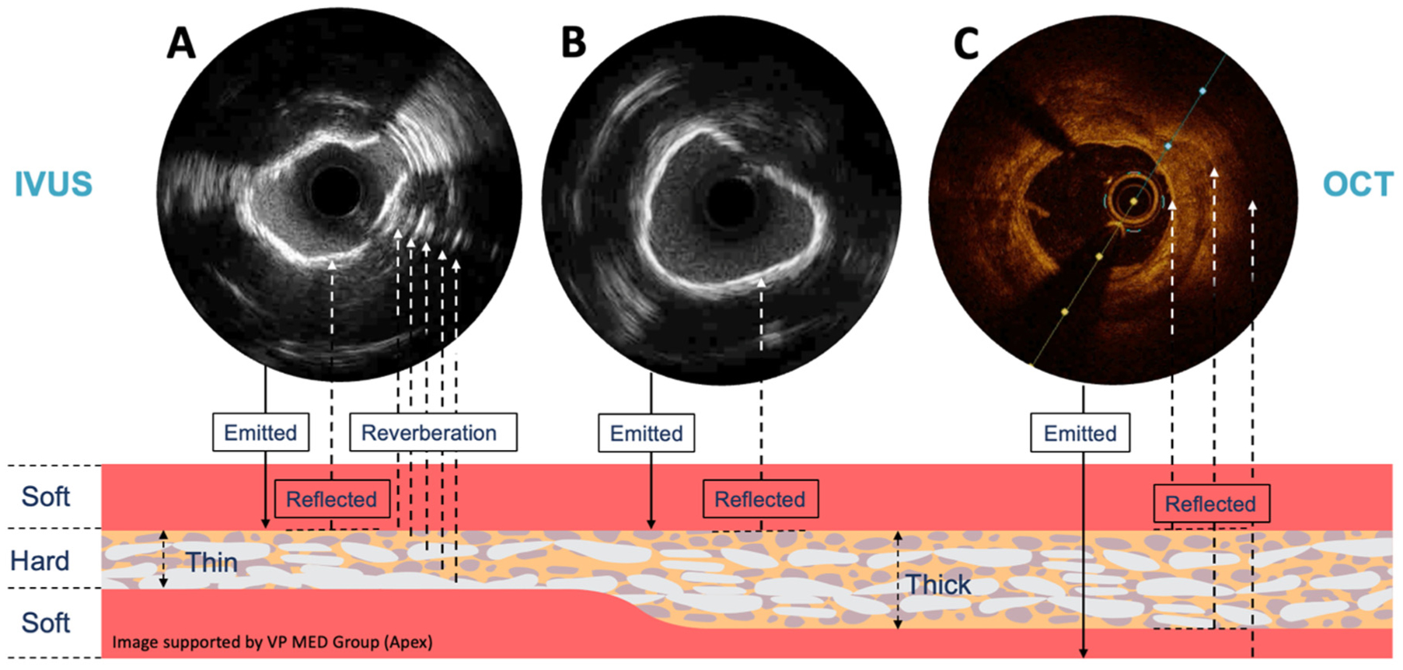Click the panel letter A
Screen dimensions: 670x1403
coord(181,43)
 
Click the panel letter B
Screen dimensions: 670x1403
coord(574,43)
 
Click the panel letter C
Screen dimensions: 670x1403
coord(966,43)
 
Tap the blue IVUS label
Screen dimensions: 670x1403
coord(54,184)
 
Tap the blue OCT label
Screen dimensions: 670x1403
coord(1358,184)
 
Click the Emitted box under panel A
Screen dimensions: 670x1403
coord(260,432)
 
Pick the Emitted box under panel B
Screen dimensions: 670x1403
coord(646,433)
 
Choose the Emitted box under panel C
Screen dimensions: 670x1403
coord(1080,433)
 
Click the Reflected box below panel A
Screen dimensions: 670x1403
coord(331,499)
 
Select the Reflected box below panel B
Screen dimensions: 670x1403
coord(760,499)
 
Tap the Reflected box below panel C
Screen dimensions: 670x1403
coord(1210,504)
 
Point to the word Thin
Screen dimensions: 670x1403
coord(211,562)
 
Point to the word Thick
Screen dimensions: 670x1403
coord(938,585)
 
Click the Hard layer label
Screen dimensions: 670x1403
coord(40,560)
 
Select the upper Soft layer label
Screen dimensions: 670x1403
coord(46,496)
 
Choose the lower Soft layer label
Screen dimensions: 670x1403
coord(46,623)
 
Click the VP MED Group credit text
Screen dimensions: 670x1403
coord(272,642)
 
